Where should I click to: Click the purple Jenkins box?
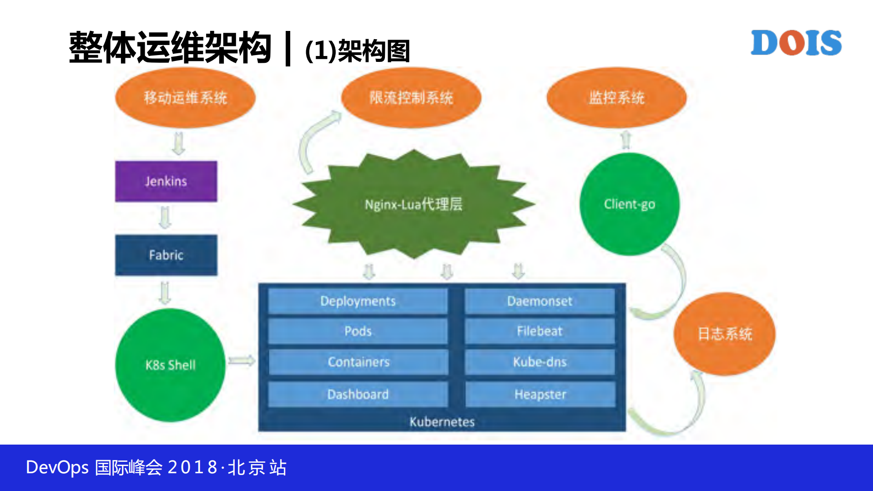point(166,181)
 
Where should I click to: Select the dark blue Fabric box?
point(166,255)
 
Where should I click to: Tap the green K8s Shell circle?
point(170,365)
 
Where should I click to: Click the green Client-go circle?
point(629,204)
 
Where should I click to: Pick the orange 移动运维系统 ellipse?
point(185,97)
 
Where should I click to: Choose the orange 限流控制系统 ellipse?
point(411,97)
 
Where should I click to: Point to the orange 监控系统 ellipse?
point(616,97)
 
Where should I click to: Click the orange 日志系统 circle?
point(724,334)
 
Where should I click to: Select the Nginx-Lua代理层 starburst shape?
point(413,204)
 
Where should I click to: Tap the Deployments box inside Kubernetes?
point(358,301)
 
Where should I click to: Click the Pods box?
point(358,331)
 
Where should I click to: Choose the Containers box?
point(358,362)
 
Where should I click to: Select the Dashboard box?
point(358,394)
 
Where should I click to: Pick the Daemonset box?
point(540,301)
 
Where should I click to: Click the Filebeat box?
point(540,331)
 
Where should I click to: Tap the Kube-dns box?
point(540,362)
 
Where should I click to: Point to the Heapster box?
point(540,394)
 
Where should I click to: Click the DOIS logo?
point(796,43)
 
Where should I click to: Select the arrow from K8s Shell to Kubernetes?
point(242,361)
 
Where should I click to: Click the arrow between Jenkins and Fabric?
point(166,218)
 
